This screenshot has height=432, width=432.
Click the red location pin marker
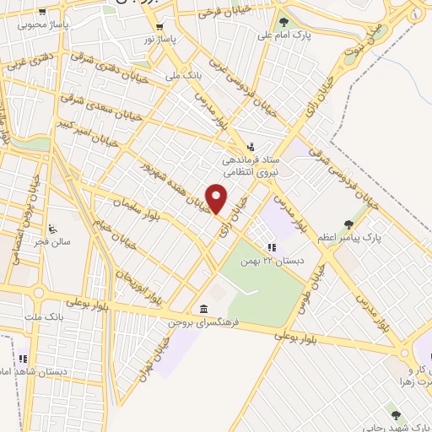pos(217,198)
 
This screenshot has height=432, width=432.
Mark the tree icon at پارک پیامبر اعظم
pos(348,224)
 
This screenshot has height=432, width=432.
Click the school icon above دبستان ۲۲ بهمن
pos(271,247)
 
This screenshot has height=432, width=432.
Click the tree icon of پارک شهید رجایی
pos(395,413)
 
